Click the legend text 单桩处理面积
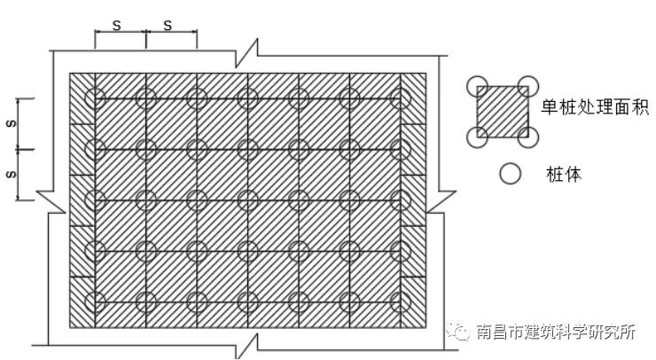coord(595,107)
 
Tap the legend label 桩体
coord(564,174)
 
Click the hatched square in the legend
coord(503,112)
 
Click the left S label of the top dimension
coord(116,26)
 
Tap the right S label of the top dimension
coord(168,26)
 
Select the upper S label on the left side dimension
coord(12,123)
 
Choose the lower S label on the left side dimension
coord(12,174)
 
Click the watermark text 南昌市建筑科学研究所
coord(557,332)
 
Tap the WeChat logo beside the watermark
coord(458,332)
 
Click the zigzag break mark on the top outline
coord(246,53)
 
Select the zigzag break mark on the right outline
coord(441,202)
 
